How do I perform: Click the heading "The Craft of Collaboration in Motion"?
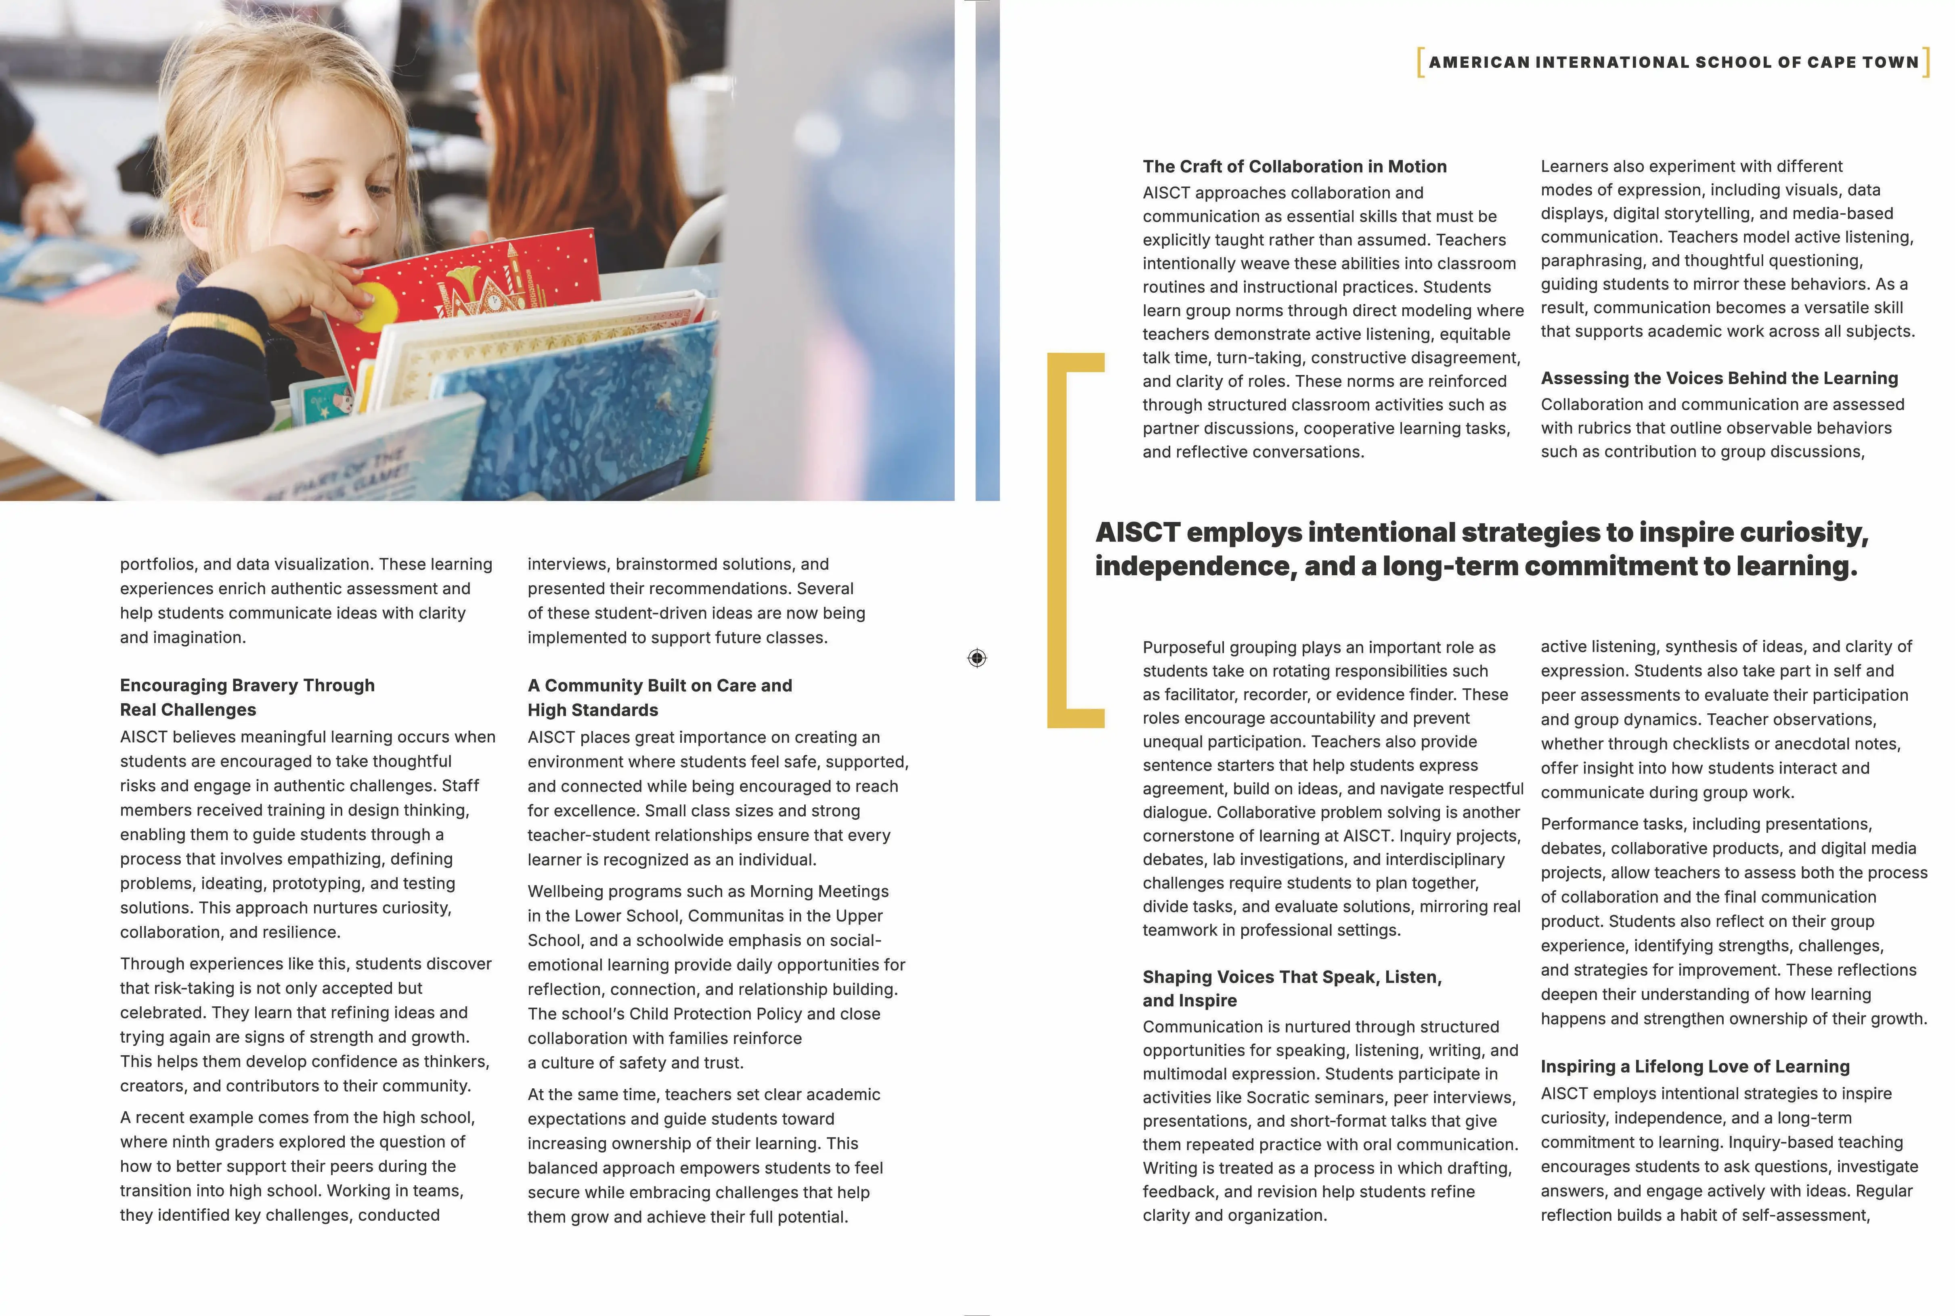[x=1294, y=166]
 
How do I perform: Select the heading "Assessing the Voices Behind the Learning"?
[x=1718, y=379]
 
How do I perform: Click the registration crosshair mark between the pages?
[x=976, y=658]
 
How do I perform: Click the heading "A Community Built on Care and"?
[x=660, y=686]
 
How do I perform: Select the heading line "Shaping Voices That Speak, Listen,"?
[x=1291, y=977]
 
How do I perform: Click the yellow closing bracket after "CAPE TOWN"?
[x=1926, y=62]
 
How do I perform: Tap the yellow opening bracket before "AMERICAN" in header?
[x=1420, y=62]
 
